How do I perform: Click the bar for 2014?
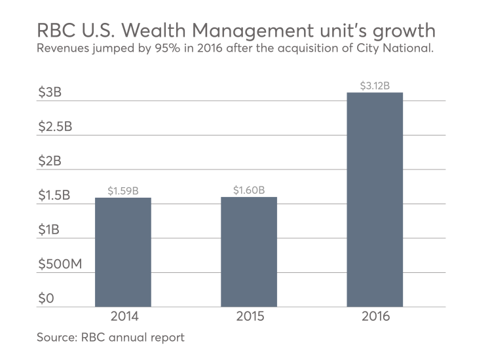point(122,252)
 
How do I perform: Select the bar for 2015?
point(249,252)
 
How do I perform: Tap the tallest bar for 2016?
point(375,200)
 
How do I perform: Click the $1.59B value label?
point(122,191)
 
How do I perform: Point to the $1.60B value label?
point(249,190)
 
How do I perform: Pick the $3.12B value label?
point(375,86)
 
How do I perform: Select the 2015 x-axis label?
point(249,317)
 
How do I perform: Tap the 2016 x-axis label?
point(375,317)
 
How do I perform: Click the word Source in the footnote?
point(56,338)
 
